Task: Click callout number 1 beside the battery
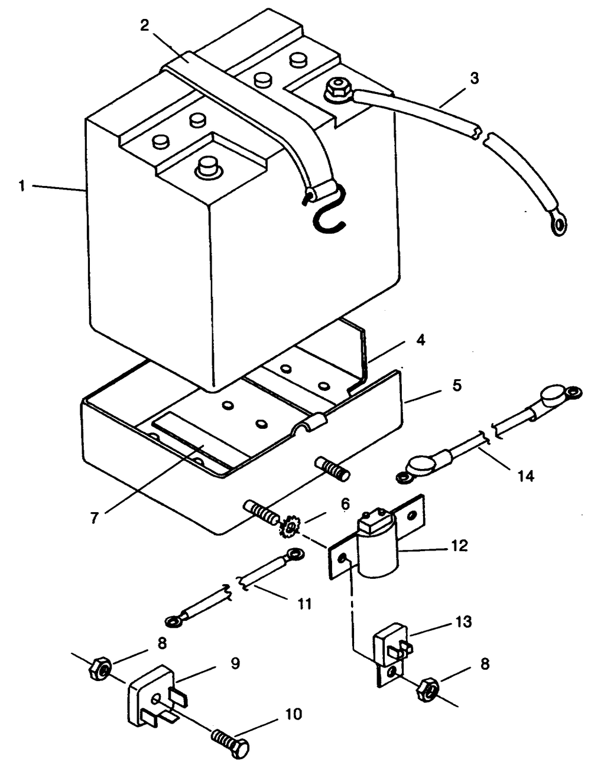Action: point(22,185)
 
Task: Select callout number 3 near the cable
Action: point(474,79)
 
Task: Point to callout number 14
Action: point(525,476)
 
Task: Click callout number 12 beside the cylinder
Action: point(459,546)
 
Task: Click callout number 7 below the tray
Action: point(94,519)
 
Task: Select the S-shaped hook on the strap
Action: point(329,211)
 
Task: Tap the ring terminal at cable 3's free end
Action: point(558,222)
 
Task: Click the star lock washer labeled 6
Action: point(290,526)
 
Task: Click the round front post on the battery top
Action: point(207,166)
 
